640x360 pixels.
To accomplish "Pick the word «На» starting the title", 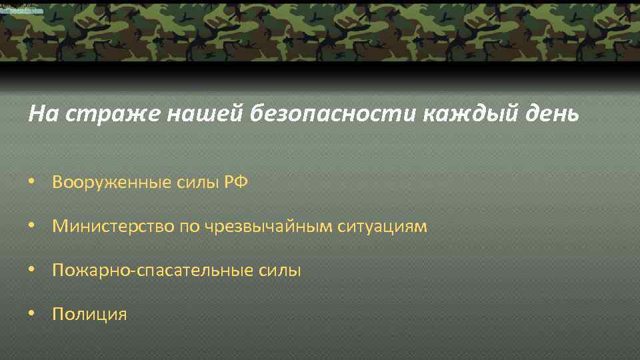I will pyautogui.click(x=39, y=114).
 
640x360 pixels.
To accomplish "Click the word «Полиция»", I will pyautogui.click(x=89, y=314).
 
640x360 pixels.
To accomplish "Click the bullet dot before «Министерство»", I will pyautogui.click(x=31, y=227).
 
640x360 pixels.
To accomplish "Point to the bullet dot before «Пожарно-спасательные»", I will pyautogui.click(x=31, y=271).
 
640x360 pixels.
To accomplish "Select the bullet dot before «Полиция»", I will pyautogui.click(x=31, y=315).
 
